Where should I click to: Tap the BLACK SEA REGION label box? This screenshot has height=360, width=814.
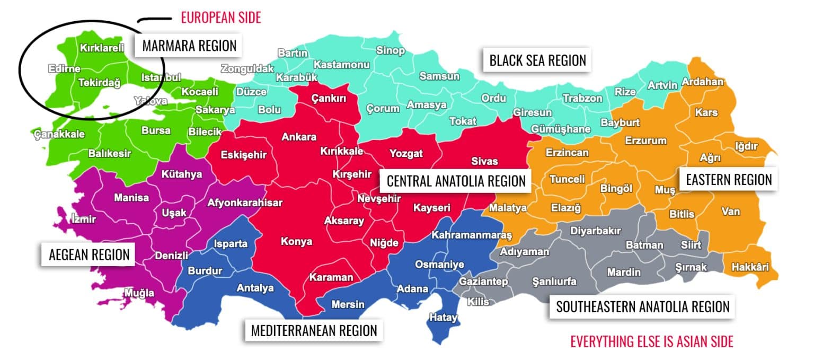coord(537,60)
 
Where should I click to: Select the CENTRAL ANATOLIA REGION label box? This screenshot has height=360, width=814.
coord(456,181)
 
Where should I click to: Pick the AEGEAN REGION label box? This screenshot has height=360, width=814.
coord(89,254)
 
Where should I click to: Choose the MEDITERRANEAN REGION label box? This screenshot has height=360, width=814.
coord(314,330)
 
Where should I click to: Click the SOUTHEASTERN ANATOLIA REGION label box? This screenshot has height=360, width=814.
coord(642,306)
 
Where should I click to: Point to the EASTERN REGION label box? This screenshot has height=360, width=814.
coord(729,180)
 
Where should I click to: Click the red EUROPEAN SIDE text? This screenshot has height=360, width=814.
coord(221,17)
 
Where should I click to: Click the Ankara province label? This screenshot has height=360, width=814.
coord(299,137)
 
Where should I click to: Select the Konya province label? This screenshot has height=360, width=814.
coord(296,242)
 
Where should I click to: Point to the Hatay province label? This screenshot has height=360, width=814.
coord(443,318)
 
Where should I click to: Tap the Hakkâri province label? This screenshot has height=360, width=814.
coord(750,267)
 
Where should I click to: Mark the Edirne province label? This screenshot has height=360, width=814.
coord(64,69)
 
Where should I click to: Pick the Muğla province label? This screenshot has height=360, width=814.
coord(139,293)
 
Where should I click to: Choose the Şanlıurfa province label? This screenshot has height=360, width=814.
coord(553,282)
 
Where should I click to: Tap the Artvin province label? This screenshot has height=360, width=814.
coord(662,85)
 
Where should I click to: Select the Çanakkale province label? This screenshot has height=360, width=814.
coord(59,134)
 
